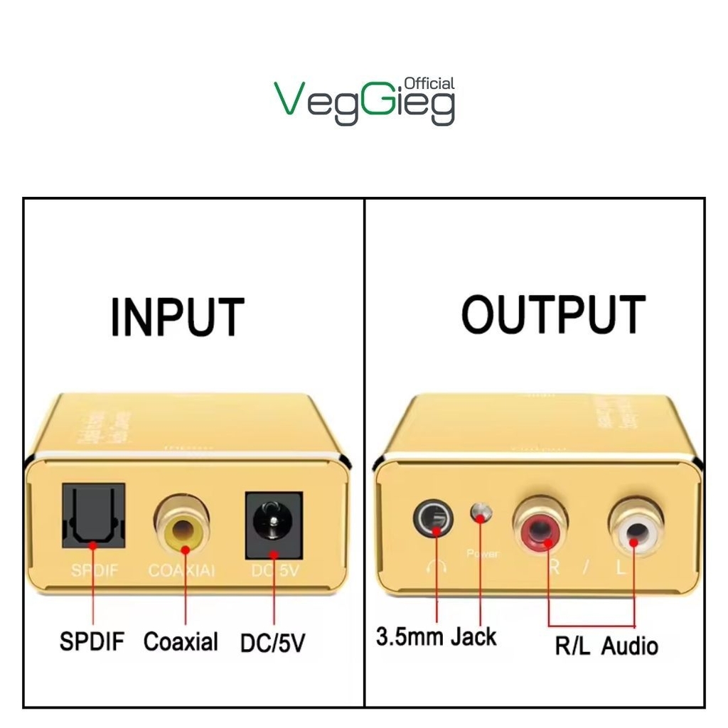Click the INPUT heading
[x=177, y=317]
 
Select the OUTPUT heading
[x=554, y=314]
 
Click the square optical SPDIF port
[x=94, y=516]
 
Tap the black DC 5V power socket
[x=274, y=525]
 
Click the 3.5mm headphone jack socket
[x=433, y=518]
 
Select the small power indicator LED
[x=481, y=513]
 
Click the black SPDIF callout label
[x=92, y=641]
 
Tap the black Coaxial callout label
[x=181, y=641]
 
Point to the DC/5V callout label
[x=273, y=643]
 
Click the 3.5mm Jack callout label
[x=436, y=636]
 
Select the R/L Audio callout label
[x=606, y=646]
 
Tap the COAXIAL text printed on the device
[x=182, y=571]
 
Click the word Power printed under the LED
[x=483, y=553]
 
